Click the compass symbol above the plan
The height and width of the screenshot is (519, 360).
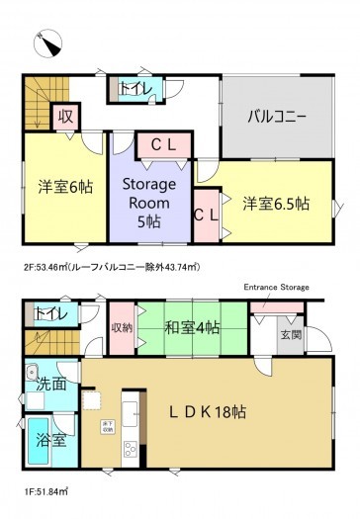pos(47,42)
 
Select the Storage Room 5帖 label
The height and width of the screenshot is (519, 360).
pos(148,202)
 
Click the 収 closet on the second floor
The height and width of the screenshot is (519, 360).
pos(65,117)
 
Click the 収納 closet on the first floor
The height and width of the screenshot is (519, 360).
pos(122,327)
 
